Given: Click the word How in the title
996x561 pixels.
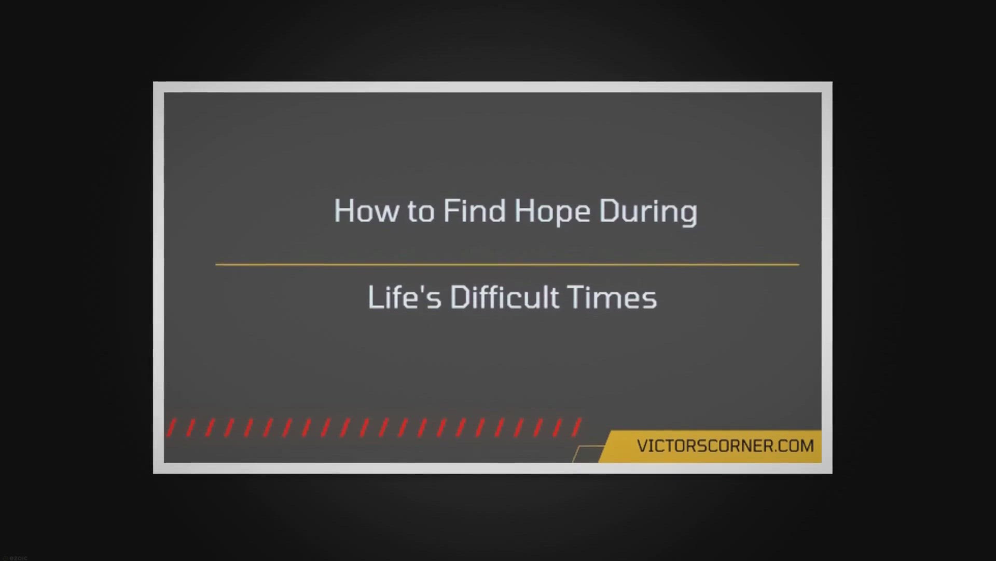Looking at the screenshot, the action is pyautogui.click(x=367, y=211).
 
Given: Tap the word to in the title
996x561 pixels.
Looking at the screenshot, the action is pyautogui.click(x=421, y=212).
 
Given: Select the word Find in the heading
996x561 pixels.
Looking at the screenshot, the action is pyautogui.click(x=474, y=210).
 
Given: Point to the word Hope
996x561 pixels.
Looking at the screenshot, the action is pyautogui.click(x=552, y=212).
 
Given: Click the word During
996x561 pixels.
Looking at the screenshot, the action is pyautogui.click(x=648, y=212).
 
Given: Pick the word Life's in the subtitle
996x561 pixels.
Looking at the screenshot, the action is pyautogui.click(x=405, y=297).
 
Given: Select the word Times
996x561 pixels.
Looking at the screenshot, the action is pyautogui.click(x=613, y=298).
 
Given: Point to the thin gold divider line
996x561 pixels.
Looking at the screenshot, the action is pyautogui.click(x=507, y=264).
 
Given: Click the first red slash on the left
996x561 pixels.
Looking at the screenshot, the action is pyautogui.click(x=171, y=428).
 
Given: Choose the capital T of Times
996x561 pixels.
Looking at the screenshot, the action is pyautogui.click(x=578, y=298).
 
